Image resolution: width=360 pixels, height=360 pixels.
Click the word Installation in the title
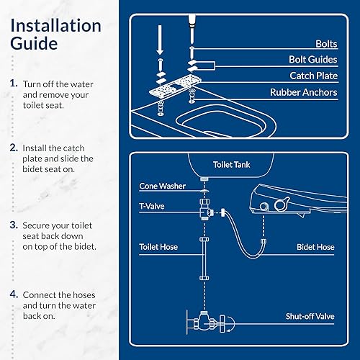(55, 26)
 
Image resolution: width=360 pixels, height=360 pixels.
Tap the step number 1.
(14, 84)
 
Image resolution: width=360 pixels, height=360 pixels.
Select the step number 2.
(14, 147)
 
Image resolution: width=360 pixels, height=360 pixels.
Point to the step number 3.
(14, 224)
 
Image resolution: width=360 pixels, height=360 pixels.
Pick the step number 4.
(14, 294)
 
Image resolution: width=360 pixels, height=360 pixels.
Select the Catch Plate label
(310, 76)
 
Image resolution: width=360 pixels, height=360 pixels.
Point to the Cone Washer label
(162, 186)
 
